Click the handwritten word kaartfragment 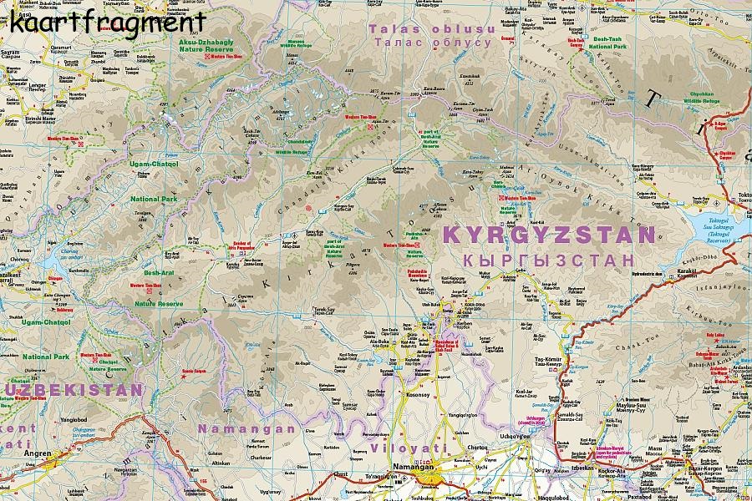[x=108, y=20]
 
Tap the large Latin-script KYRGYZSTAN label [x=549, y=235]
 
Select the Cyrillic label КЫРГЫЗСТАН [x=549, y=261]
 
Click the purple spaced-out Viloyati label [x=405, y=448]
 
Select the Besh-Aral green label [x=159, y=273]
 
